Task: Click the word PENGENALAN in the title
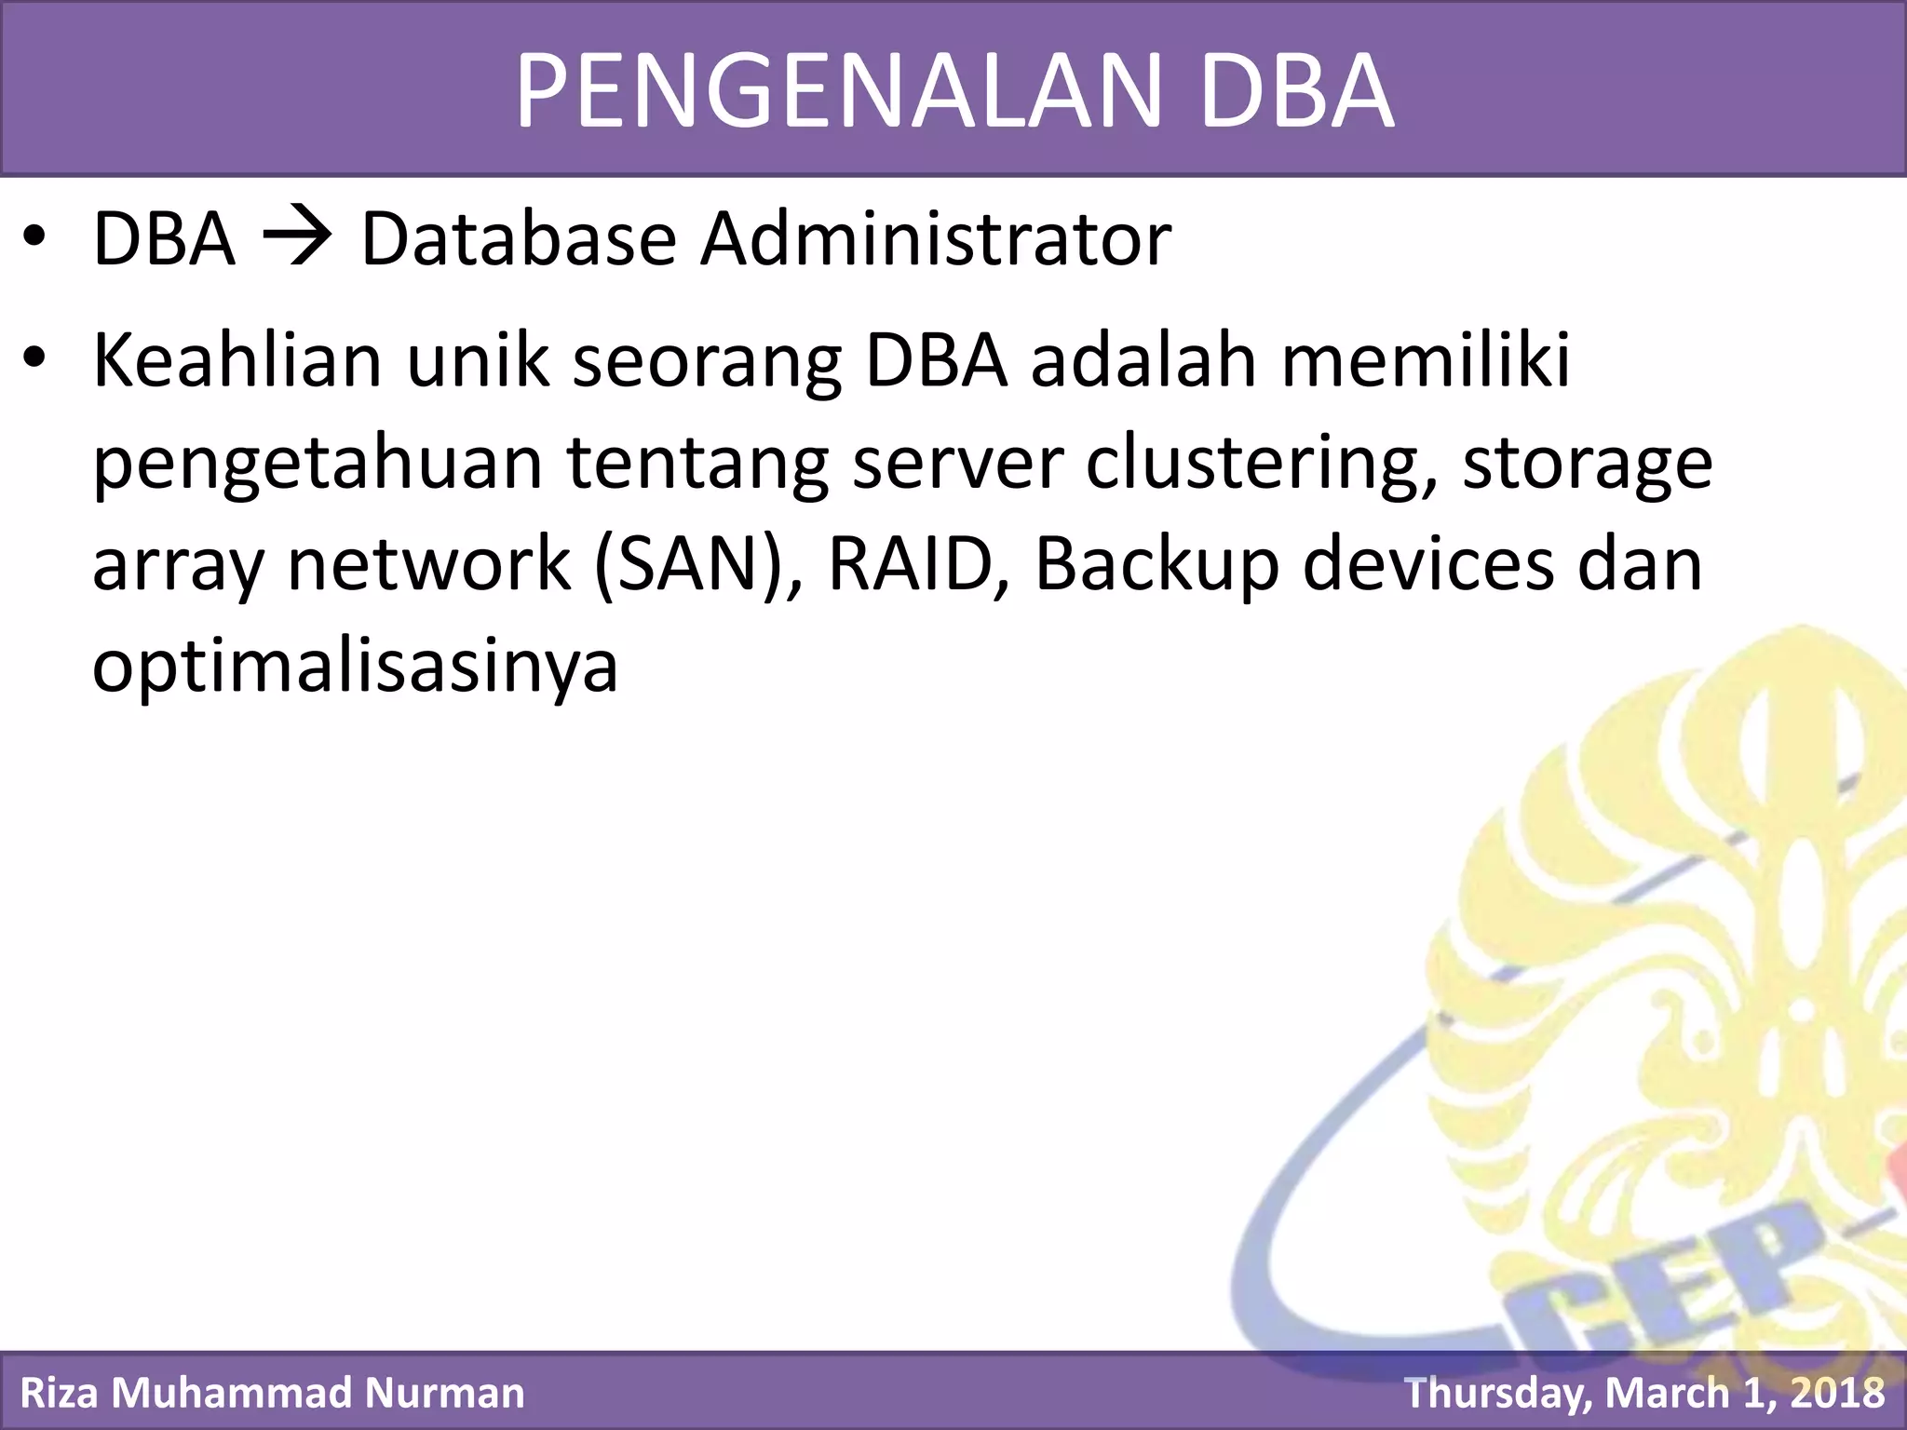(x=839, y=91)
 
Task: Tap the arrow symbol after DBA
(x=297, y=239)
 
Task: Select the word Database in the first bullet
(x=518, y=239)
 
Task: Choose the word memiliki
(x=1426, y=360)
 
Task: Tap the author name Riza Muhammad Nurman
(x=272, y=1393)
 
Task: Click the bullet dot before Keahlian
(x=34, y=360)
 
